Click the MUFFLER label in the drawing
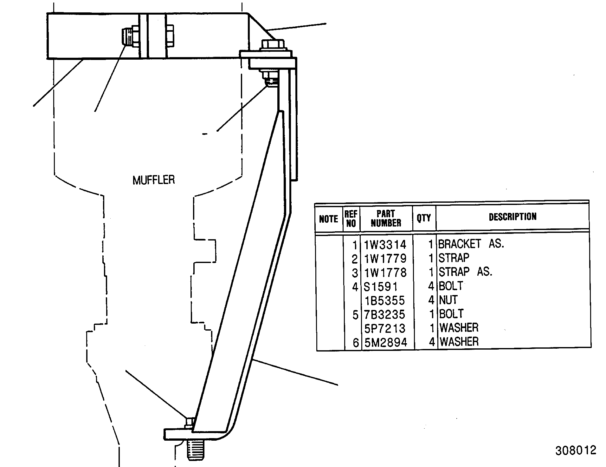pos(154,180)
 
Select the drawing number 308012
pos(575,450)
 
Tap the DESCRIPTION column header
pos(513,217)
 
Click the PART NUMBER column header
pos(386,218)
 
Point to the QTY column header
pos(424,218)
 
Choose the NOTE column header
pos(329,219)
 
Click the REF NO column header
pos(351,218)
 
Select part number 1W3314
pos(385,245)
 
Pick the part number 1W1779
pos(385,259)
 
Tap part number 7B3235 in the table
pos(385,314)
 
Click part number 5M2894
pos(385,342)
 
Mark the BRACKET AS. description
pos(471,244)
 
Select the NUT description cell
pos(448,300)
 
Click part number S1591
pos(380,287)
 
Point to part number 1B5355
pos(385,300)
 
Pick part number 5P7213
pos(385,328)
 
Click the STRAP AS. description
pos(465,272)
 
